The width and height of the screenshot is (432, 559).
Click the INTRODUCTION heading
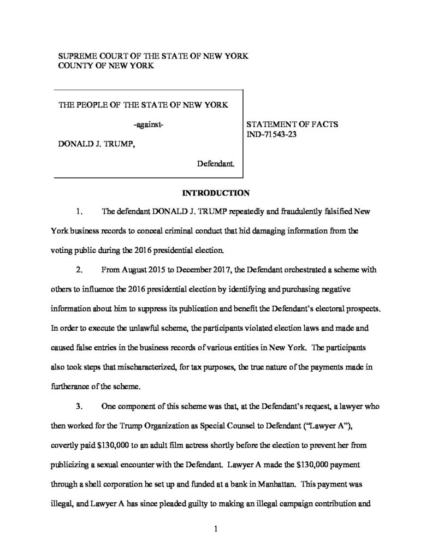pyautogui.click(x=216, y=193)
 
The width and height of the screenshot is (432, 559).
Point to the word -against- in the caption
pyautogui.click(x=149, y=125)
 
